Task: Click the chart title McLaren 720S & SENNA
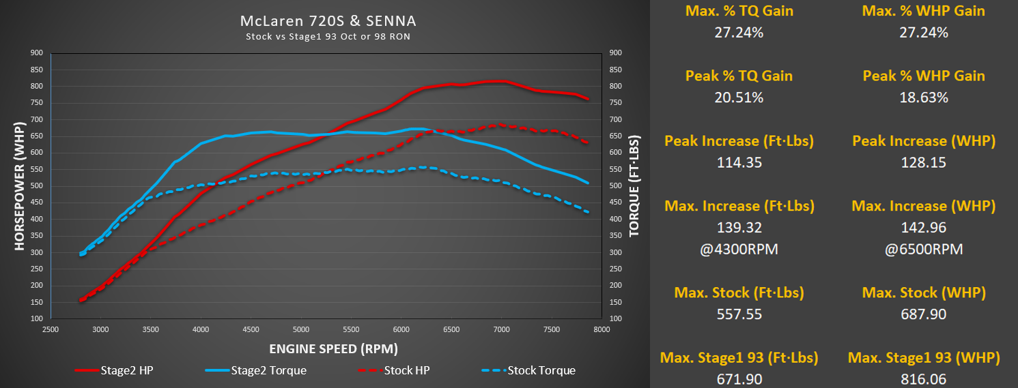click(328, 21)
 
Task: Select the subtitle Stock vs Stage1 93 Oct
click(328, 36)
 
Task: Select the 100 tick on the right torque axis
click(615, 318)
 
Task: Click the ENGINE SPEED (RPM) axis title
click(333, 348)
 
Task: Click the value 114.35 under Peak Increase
click(739, 163)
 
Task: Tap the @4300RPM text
click(739, 250)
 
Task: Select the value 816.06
click(924, 379)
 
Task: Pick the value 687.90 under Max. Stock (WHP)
click(924, 314)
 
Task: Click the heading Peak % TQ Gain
click(739, 76)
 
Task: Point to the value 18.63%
click(924, 98)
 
